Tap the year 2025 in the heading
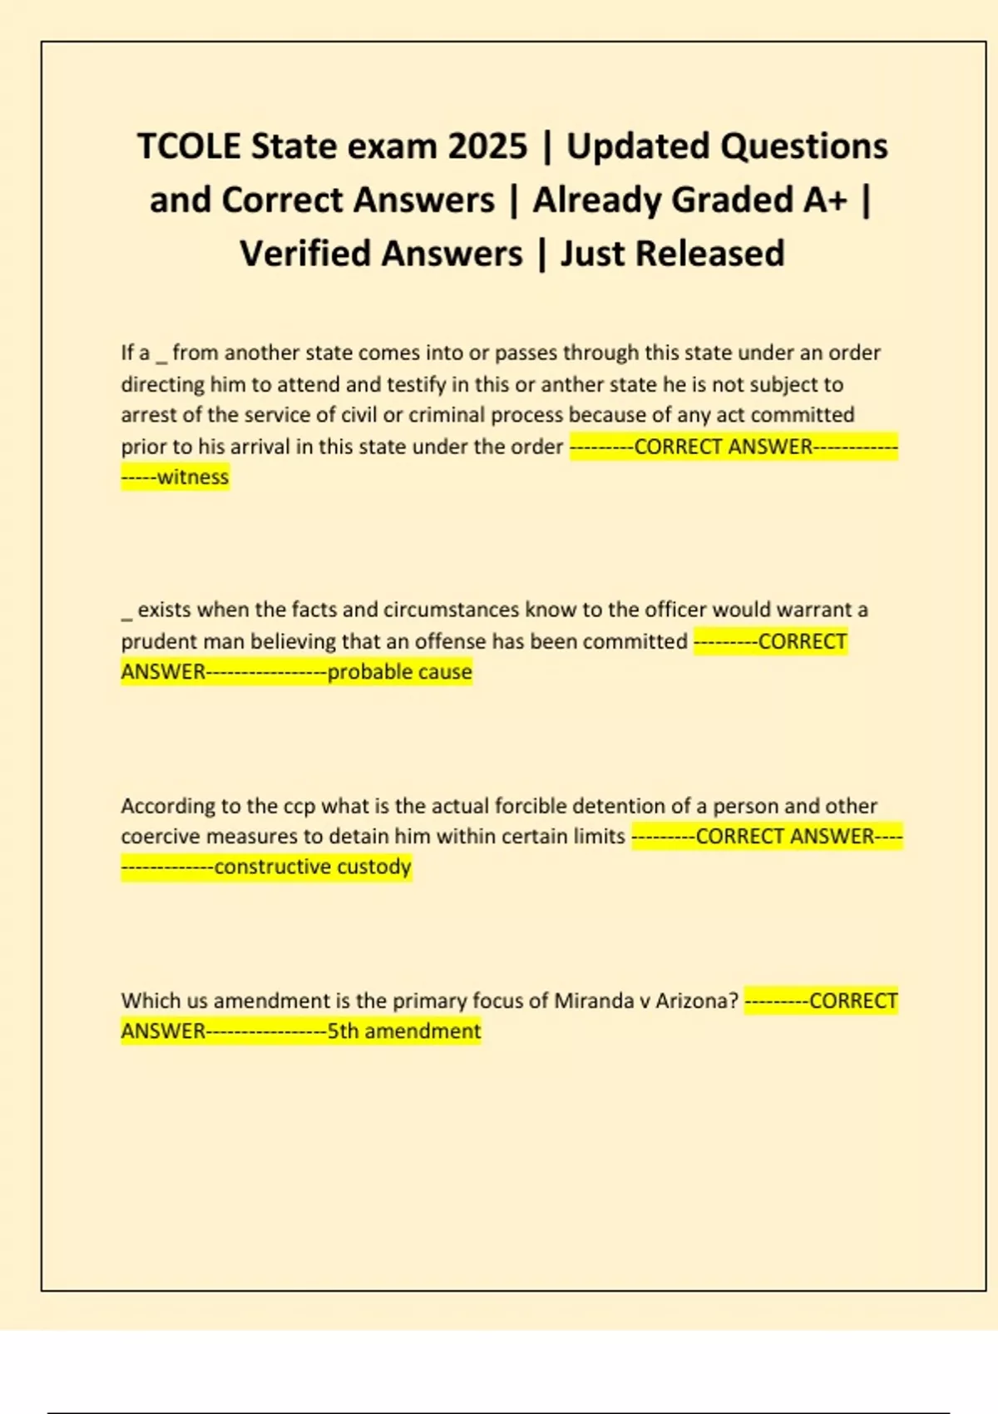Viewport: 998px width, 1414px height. pyautogui.click(x=487, y=146)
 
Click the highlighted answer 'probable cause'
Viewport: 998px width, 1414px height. pyautogui.click(x=399, y=672)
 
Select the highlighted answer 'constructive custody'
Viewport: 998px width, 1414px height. pyautogui.click(x=313, y=867)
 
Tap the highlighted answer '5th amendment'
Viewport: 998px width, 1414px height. pyautogui.click(x=403, y=1031)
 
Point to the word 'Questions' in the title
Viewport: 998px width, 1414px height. pyautogui.click(x=803, y=146)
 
